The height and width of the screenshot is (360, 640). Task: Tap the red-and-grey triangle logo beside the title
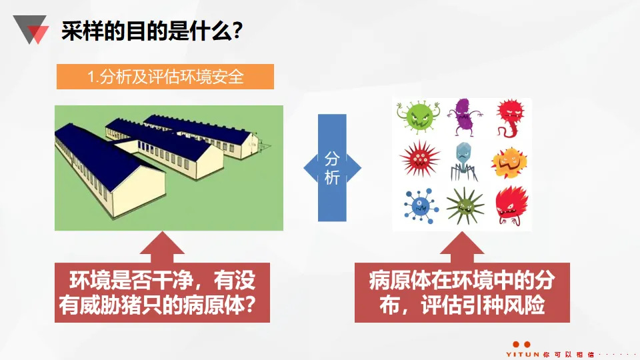pyautogui.click(x=31, y=30)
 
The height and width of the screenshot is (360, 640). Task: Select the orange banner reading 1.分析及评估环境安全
pyautogui.click(x=165, y=77)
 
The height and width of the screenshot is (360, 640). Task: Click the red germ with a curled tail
pyautogui.click(x=510, y=117)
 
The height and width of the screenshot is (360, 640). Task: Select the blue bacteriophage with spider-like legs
pyautogui.click(x=462, y=161)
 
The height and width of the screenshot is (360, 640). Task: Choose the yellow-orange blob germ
pyautogui.click(x=509, y=161)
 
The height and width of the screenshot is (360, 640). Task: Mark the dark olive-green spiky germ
pyautogui.click(x=464, y=206)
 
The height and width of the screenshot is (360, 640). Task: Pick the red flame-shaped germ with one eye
pyautogui.click(x=511, y=205)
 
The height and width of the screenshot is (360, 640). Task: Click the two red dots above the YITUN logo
pyautogui.click(x=522, y=344)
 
